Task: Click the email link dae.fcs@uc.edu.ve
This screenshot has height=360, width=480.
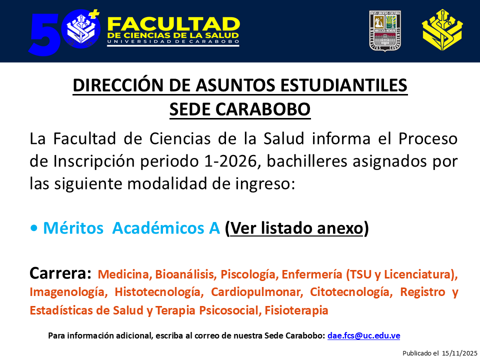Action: (x=363, y=336)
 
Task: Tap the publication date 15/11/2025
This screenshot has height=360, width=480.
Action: (x=459, y=353)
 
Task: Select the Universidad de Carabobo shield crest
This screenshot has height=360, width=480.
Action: (x=385, y=31)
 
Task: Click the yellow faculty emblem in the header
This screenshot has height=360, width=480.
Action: (x=442, y=30)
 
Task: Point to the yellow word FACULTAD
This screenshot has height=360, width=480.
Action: (x=173, y=24)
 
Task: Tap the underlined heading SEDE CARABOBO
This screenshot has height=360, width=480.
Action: (x=240, y=109)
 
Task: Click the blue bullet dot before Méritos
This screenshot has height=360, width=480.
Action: (x=34, y=228)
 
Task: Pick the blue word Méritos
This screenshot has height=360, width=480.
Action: (x=73, y=228)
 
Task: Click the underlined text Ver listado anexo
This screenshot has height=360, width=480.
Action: (x=296, y=228)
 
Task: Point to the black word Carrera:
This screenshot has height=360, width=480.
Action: (x=60, y=273)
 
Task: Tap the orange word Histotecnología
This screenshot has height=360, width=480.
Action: (x=159, y=292)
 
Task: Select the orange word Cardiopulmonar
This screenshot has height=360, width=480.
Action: (x=256, y=292)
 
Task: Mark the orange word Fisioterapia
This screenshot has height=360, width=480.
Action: (x=296, y=310)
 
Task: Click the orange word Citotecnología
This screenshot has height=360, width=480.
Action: (x=351, y=292)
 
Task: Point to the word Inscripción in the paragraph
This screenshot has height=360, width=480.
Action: (x=94, y=161)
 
